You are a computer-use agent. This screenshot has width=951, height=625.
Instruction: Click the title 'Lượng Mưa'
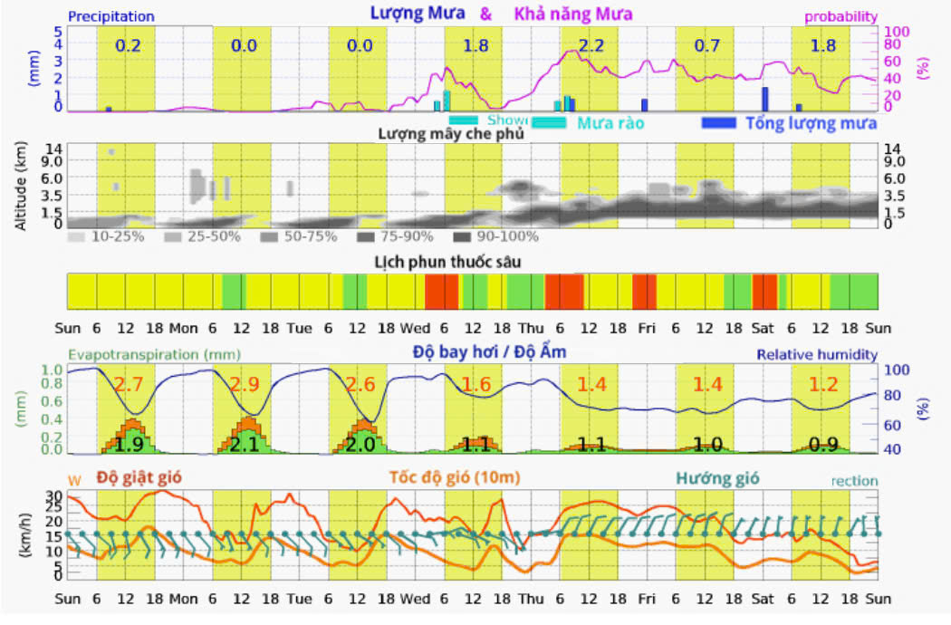pos(418,14)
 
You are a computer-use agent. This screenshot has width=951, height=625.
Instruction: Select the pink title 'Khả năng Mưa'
pos(573,14)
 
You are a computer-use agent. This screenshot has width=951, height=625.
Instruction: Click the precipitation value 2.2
pos(591,45)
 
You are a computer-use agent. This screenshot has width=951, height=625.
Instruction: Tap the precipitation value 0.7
pos(706,45)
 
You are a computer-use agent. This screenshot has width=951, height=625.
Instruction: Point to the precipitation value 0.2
pos(128,45)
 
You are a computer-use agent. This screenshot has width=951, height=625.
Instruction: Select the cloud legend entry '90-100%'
pos(507,236)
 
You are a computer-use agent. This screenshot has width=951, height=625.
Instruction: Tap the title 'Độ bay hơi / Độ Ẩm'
pos(489,351)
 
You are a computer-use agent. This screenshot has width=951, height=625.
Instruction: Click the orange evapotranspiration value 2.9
pos(244,384)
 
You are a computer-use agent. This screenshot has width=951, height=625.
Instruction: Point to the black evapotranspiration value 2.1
pos(244,444)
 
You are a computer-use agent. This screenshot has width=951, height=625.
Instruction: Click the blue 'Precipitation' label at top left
pos(111,16)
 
